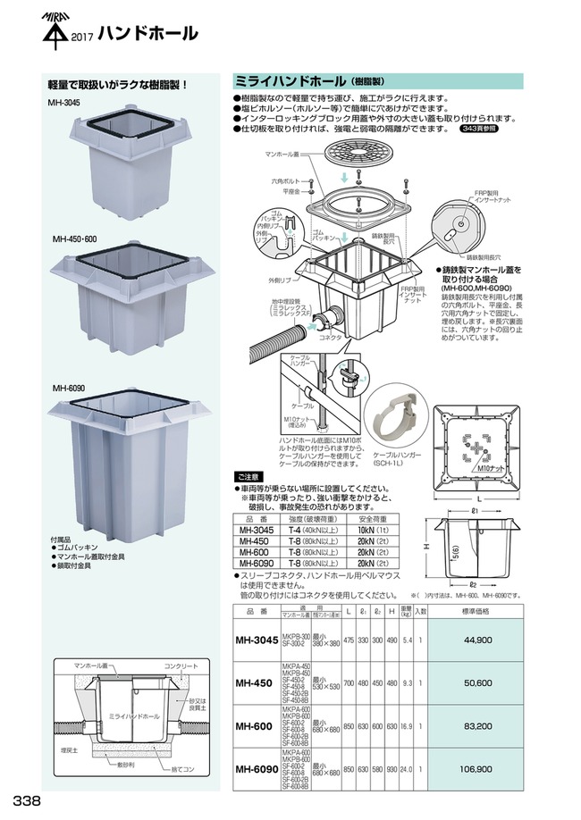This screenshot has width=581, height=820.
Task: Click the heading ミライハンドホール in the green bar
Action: (290, 79)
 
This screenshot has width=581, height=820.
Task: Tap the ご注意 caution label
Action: (249, 478)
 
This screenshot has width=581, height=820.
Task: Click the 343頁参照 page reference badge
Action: (480, 129)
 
